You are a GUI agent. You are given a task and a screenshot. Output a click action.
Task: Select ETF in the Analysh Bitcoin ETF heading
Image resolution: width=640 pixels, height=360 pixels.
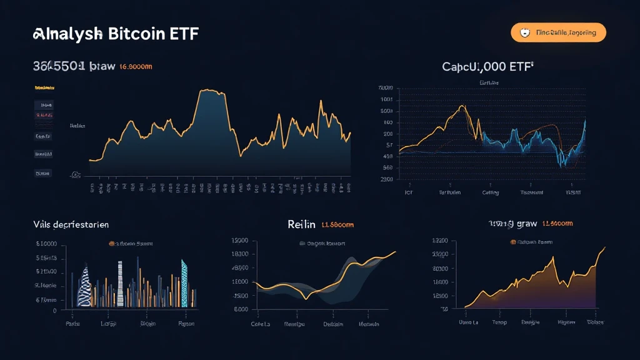[184, 34]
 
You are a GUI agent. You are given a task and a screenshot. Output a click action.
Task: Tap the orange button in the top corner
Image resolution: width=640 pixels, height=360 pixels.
[558, 32]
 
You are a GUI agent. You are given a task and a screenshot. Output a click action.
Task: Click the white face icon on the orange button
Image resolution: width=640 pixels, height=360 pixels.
[525, 32]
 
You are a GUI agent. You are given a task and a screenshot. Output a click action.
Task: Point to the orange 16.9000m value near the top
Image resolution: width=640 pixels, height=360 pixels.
[136, 66]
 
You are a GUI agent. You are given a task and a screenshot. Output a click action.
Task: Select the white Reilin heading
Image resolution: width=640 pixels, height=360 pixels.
[301, 224]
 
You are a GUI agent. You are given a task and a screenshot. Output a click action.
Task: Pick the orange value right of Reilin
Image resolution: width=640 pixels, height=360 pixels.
[337, 224]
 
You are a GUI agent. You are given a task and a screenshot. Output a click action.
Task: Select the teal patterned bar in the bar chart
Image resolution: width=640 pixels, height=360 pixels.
[184, 282]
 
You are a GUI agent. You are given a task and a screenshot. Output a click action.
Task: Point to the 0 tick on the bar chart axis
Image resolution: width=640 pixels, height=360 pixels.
[54, 310]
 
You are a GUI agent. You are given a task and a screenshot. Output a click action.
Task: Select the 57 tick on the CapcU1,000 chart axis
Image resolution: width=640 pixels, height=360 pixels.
[388, 144]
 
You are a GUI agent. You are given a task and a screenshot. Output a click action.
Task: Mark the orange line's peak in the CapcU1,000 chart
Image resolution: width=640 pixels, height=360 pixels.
[462, 106]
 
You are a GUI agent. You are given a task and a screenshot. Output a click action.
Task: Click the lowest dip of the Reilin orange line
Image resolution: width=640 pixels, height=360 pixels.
[306, 299]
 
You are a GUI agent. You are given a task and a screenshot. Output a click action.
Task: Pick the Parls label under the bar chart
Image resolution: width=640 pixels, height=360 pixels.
[74, 324]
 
